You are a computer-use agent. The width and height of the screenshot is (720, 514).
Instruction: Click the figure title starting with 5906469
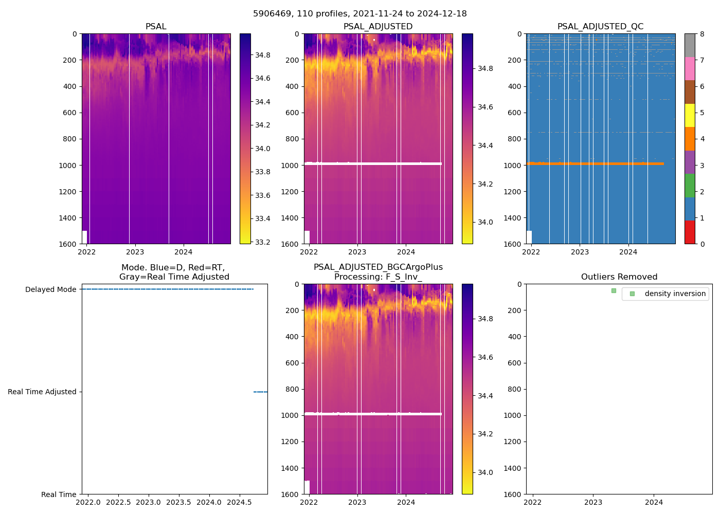[x=359, y=14]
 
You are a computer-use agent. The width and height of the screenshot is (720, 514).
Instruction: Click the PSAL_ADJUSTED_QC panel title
[x=600, y=27]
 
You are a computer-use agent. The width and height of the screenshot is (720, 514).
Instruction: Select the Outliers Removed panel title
[x=619, y=277]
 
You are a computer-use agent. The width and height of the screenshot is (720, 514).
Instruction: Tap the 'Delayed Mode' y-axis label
[x=50, y=290]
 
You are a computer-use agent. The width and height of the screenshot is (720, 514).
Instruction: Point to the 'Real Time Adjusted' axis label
[x=42, y=392]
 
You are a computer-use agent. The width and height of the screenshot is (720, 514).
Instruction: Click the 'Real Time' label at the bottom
[x=59, y=494]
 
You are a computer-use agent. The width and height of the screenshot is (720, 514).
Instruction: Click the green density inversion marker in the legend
[x=632, y=293]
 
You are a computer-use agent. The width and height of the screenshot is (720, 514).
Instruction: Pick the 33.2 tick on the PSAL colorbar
[x=263, y=242]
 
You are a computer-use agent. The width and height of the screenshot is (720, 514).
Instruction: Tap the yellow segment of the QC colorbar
[x=690, y=116]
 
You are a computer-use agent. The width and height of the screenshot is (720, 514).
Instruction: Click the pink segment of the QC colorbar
[x=690, y=69]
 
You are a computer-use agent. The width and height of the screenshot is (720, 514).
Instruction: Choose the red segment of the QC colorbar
[x=690, y=232]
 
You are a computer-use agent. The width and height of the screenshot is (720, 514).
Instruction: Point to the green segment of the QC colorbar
[x=690, y=186]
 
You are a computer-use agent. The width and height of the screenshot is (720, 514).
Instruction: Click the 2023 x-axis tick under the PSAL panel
[x=135, y=252]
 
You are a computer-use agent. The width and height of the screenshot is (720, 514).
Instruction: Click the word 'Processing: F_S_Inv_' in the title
[x=378, y=277]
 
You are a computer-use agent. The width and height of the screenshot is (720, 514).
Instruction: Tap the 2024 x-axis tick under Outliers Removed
[x=654, y=502]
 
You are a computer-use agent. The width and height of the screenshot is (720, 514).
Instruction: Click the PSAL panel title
[x=156, y=27]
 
